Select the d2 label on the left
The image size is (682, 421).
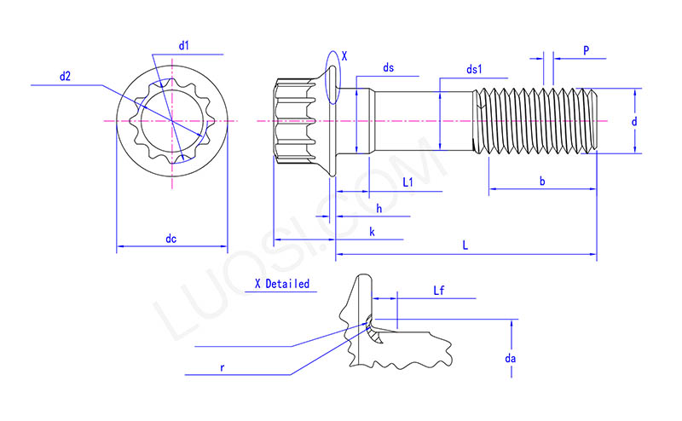(x=65, y=77)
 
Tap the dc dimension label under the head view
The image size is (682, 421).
(x=170, y=239)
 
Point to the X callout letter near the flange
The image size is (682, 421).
(x=344, y=56)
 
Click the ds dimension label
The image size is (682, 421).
(x=389, y=66)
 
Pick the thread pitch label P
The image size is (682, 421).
(x=587, y=50)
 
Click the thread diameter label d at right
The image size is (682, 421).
(x=633, y=122)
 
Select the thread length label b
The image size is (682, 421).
(x=543, y=181)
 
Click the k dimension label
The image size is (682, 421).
(x=372, y=232)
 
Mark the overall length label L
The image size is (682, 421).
(x=465, y=245)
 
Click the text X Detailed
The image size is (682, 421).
(x=281, y=284)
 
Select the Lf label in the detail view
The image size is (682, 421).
(x=439, y=291)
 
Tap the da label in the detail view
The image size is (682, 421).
(x=511, y=359)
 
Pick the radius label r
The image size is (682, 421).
(x=223, y=368)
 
